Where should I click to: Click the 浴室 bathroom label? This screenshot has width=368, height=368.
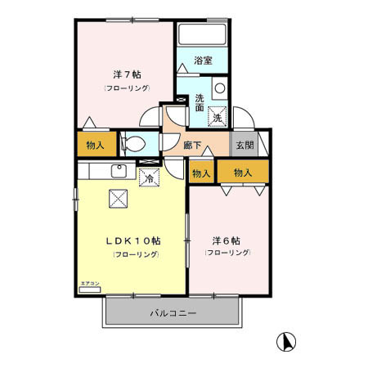[204, 61]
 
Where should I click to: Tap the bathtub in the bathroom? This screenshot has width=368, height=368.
[201, 34]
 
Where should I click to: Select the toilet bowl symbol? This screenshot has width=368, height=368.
[136, 146]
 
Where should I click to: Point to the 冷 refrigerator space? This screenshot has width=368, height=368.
[150, 176]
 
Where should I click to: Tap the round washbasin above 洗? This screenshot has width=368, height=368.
[219, 88]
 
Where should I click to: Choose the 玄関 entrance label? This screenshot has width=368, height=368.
[245, 145]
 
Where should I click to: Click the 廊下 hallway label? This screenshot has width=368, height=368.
[194, 145]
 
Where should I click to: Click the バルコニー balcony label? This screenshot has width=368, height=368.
[173, 313]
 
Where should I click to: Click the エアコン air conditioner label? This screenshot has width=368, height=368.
[89, 284]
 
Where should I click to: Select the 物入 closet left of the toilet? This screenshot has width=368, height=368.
[96, 146]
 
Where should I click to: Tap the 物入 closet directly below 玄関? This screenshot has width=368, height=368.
[243, 173]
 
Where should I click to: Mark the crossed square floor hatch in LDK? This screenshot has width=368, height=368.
[119, 197]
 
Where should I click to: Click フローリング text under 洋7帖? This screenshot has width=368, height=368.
[125, 88]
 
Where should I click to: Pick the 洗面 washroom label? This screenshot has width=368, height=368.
[200, 101]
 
